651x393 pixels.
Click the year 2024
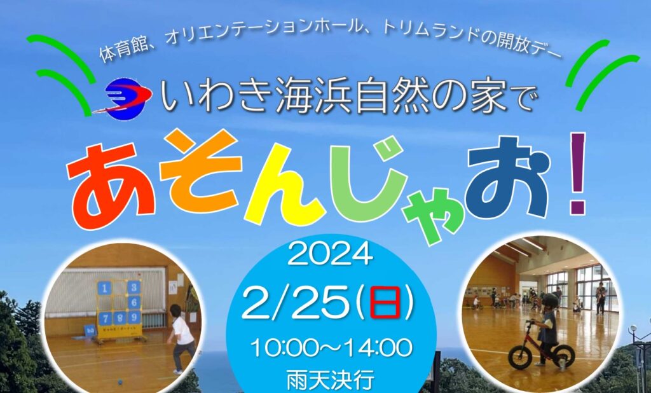coord(329,256)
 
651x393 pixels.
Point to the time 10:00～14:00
coord(331,348)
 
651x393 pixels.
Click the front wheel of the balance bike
coord(517,358)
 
